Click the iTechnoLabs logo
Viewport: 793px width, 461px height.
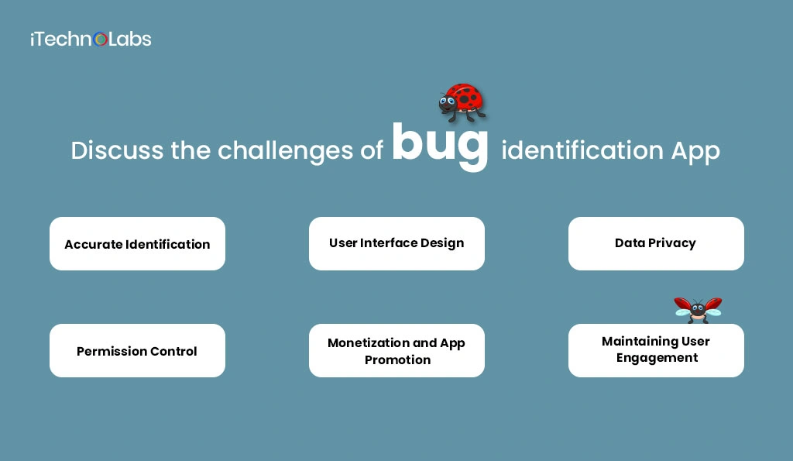pos(91,39)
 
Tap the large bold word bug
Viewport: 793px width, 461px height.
pos(440,145)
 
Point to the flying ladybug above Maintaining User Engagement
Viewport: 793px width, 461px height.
pos(698,309)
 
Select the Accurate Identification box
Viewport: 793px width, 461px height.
pos(137,244)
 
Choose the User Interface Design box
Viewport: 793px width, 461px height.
pos(396,243)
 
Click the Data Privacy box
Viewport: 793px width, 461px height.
pos(655,243)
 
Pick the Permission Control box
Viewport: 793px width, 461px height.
pos(137,351)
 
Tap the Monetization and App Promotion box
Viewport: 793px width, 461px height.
pos(396,351)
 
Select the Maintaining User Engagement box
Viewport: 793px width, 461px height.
pos(656,350)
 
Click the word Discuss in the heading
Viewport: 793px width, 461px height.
pos(117,150)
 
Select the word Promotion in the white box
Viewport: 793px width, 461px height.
pos(397,360)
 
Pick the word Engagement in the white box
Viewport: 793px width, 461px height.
pos(657,358)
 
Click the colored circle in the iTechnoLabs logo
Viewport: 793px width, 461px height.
pos(100,40)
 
